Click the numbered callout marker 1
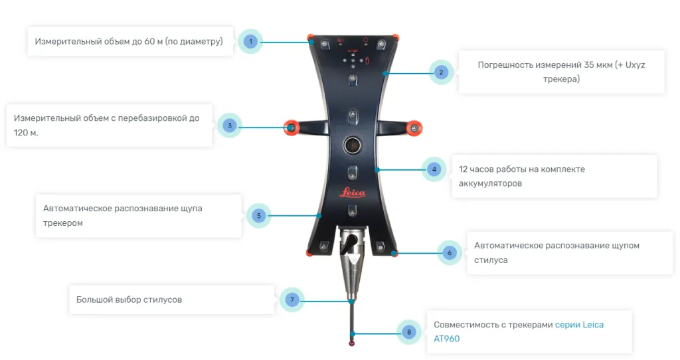pos(250,42)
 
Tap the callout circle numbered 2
pos(441,72)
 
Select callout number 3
pos(229,126)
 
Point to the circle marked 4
pos(434,169)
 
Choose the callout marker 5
pos(259,216)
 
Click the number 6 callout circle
pos(450,252)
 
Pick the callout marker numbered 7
pos(292,300)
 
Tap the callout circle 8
pos(409,332)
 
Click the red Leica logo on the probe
pos(352,193)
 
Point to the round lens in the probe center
pos(352,145)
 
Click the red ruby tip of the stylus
pos(352,343)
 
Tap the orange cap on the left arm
pos(292,128)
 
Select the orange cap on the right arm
pos(414,128)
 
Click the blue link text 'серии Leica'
pos(579,325)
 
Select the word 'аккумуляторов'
pos(490,183)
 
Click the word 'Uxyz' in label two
pos(636,65)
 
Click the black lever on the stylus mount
pos(349,244)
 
